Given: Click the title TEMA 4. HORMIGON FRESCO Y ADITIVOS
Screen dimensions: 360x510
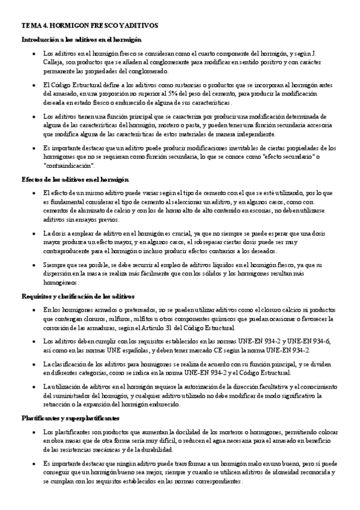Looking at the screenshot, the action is (x=90, y=27).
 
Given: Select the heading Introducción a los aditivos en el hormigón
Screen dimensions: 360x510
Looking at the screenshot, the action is (x=81, y=40).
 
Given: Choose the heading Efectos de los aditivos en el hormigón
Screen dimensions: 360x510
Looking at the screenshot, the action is (x=75, y=180).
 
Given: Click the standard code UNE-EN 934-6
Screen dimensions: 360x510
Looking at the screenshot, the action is (x=310, y=341).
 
